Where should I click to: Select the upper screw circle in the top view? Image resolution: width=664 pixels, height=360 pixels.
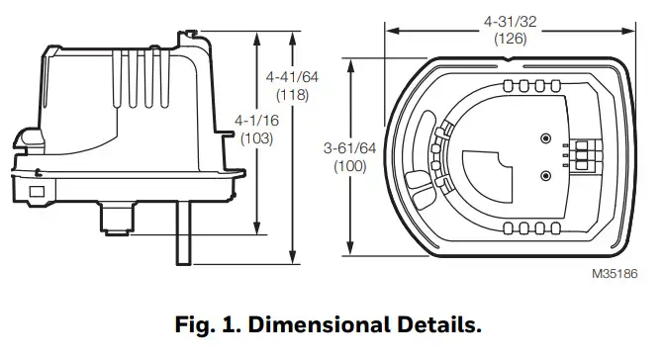coord(545,138)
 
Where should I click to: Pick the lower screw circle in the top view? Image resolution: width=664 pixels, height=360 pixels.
coord(545,175)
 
